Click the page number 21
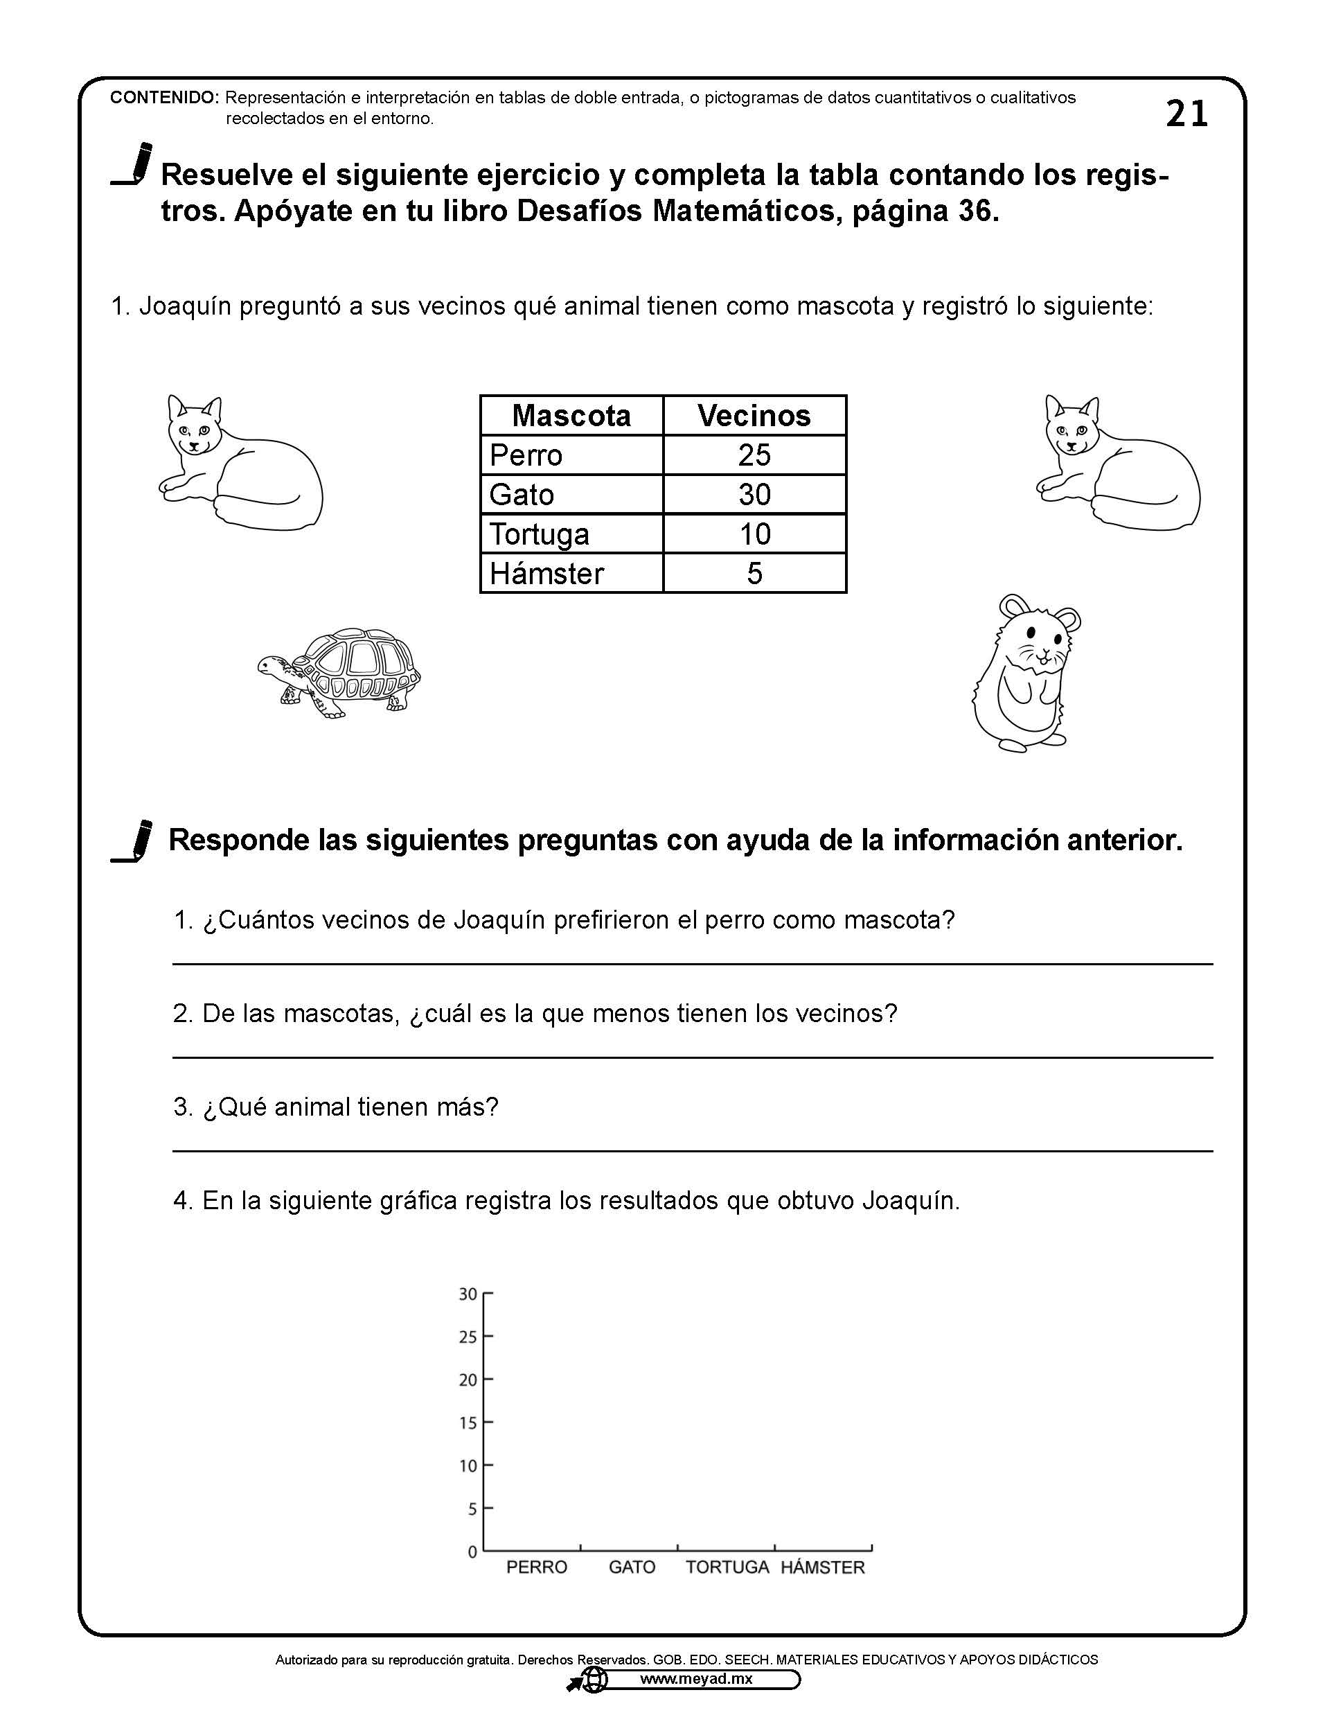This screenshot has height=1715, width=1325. point(1186,114)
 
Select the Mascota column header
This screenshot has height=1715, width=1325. point(571,415)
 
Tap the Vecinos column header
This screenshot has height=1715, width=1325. point(754,415)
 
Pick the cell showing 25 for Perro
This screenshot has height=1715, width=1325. point(754,455)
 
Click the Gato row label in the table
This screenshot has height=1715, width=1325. point(522,495)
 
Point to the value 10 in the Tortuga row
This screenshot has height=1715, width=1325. point(754,534)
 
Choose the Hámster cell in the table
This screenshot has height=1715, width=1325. point(546,573)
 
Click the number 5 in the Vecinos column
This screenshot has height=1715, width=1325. point(754,573)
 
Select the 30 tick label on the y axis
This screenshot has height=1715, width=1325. point(468,1293)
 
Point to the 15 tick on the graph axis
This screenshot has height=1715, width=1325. point(468,1422)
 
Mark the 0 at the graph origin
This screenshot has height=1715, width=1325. point(472,1551)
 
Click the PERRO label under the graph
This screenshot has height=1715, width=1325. point(536,1567)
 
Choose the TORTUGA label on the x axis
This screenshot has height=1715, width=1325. point(727,1567)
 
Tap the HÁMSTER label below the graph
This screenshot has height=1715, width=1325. point(823,1567)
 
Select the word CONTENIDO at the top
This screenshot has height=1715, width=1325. point(163,98)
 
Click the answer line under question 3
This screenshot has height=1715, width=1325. point(693,1150)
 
